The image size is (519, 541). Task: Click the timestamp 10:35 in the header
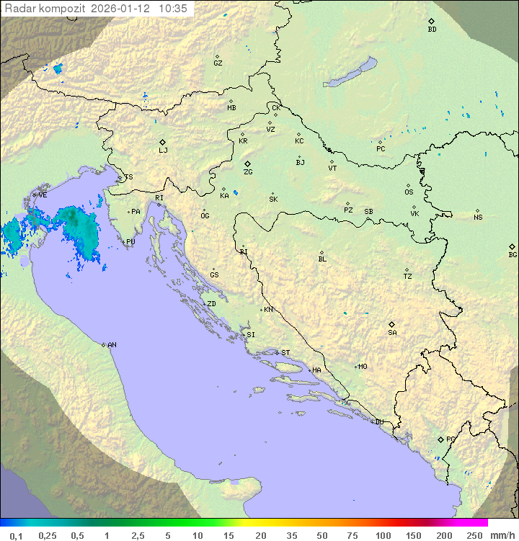[173, 9]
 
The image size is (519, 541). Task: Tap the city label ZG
[248, 172]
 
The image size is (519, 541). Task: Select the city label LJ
[163, 150]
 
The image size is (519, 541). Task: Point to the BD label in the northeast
[432, 30]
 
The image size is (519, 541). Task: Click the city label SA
[392, 332]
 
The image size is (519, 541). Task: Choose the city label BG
[513, 254]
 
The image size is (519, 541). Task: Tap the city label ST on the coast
[285, 353]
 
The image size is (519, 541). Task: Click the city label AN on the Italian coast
[112, 345]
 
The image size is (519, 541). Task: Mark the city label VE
[43, 195]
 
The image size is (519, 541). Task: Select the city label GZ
[218, 63]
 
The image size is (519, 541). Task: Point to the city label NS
[478, 218]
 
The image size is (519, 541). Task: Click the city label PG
[451, 439]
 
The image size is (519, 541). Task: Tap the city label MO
[363, 367]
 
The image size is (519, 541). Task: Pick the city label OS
[409, 192]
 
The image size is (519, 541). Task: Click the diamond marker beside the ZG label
[247, 164]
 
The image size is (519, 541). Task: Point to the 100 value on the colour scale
[383, 535]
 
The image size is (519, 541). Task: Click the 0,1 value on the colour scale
[16, 535]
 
